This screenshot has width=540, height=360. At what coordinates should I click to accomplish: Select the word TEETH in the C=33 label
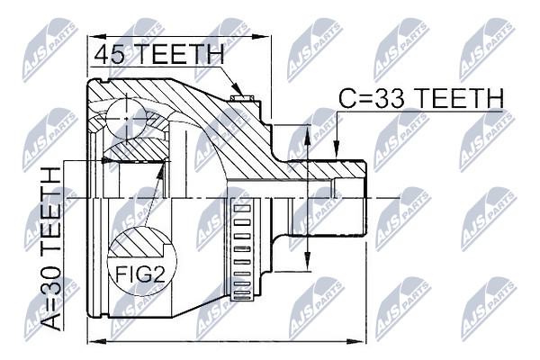[x=458, y=98]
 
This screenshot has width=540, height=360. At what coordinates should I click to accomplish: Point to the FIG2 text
[x=139, y=274]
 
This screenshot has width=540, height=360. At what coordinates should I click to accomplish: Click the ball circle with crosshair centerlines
[x=126, y=118]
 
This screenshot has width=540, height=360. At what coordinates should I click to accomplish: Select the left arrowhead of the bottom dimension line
[x=97, y=341]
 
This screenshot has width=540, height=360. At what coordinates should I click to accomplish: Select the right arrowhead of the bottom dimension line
[x=355, y=341]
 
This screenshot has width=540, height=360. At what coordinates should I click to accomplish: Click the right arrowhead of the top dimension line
[x=260, y=37]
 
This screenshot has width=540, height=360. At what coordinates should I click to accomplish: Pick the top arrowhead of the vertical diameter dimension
[x=308, y=134]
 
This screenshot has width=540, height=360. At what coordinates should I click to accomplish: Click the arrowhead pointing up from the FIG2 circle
[x=160, y=171]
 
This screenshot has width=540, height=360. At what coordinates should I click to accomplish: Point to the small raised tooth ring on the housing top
[x=242, y=98]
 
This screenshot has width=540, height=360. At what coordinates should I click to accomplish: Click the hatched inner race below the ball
[x=136, y=150]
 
